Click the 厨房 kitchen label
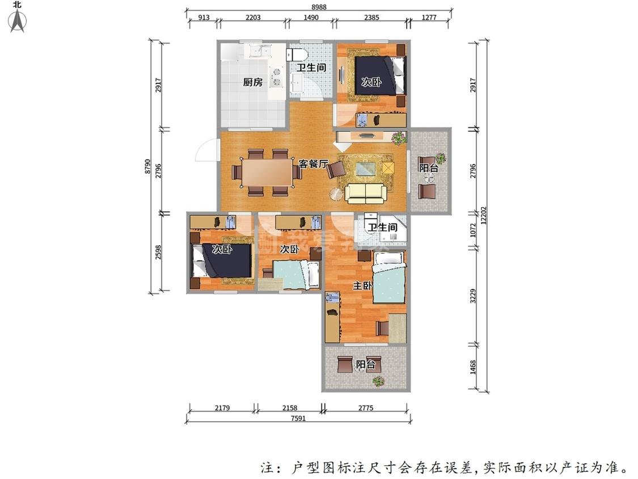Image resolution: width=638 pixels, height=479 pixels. pos(253,82)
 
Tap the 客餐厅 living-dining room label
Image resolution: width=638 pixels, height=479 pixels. pos(314,164)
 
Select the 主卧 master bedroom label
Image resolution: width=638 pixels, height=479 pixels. pos(362,286)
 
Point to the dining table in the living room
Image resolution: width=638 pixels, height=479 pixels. pos(265,173)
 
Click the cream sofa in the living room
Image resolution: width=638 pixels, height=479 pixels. pos(366,193)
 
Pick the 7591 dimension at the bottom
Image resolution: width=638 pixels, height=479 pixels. pos(298,419)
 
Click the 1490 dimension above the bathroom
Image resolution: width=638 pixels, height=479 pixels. pos(311,18)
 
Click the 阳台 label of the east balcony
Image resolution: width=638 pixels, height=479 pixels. pos(428,168)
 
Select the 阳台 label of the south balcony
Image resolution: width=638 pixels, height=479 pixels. pos(365,364)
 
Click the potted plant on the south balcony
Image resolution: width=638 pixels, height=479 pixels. pos(378,381)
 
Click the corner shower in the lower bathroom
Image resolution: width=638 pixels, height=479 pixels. pos(397,229)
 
